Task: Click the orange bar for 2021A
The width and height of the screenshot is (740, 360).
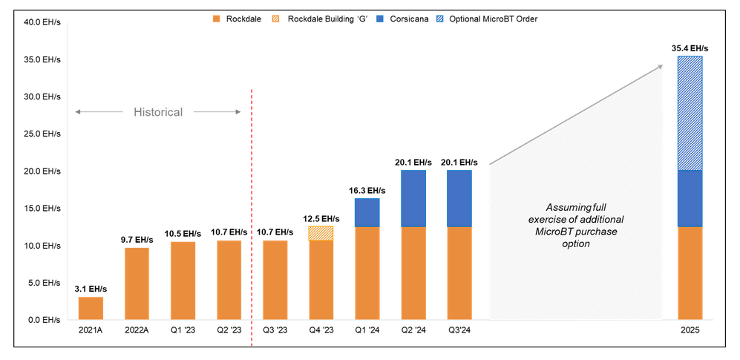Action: pos(91,308)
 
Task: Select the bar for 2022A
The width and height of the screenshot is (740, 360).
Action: pos(137,284)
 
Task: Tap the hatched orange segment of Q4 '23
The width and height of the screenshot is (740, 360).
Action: pos(321,233)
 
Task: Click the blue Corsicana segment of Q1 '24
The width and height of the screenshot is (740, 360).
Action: pos(367,212)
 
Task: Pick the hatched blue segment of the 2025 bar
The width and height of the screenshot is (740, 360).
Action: pos(690,113)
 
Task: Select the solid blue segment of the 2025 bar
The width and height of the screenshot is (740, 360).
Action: pos(690,198)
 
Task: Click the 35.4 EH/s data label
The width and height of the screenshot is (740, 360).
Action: pos(690,48)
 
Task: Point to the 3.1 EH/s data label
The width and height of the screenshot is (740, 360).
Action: pos(91,289)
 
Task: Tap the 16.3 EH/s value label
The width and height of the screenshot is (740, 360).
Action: pos(367,190)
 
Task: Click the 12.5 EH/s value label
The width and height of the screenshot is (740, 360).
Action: pos(321,218)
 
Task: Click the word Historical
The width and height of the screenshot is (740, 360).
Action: pos(158,112)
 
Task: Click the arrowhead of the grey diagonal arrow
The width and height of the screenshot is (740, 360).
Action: pos(660,67)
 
